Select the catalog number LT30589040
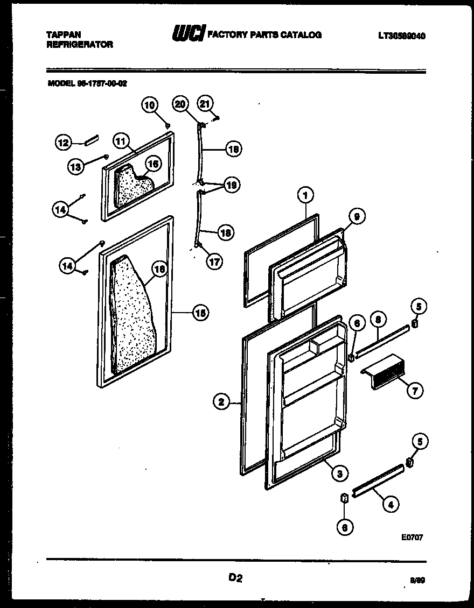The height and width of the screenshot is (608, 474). click(401, 36)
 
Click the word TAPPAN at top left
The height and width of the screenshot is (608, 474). click(64, 34)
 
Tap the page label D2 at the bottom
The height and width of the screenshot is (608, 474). click(236, 578)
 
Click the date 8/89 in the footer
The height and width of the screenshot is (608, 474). click(417, 581)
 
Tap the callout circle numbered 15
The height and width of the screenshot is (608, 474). click(200, 313)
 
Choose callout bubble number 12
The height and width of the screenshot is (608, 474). click(64, 143)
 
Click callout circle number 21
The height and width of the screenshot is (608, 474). click(206, 103)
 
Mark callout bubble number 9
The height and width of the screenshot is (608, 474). click(356, 216)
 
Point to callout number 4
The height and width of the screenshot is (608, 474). click(391, 504)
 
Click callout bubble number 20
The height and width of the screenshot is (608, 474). click(180, 104)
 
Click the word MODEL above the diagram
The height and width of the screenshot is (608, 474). click(60, 83)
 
